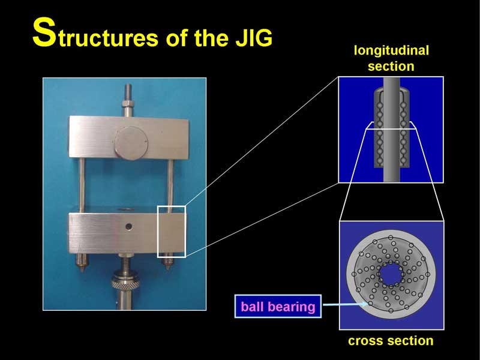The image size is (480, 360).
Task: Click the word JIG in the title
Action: [x=254, y=38]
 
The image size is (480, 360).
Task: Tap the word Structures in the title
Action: [x=95, y=34]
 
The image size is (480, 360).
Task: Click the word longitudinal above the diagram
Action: [x=391, y=51]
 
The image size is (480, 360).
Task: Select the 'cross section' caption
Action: [x=391, y=341]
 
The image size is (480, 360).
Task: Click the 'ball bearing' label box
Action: [x=278, y=307]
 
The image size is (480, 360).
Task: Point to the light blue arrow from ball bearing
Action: [x=346, y=304]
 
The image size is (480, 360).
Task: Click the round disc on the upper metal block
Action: [x=131, y=143]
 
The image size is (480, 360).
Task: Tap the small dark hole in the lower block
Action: [x=129, y=227]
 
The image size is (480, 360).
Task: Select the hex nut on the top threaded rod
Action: [x=128, y=103]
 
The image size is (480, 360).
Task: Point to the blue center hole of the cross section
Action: [x=391, y=274]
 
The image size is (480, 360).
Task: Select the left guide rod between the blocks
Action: [x=82, y=185]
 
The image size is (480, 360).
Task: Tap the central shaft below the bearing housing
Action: [x=392, y=175]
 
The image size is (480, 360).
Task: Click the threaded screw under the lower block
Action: [x=125, y=264]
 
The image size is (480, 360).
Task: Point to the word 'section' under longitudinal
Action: [x=391, y=66]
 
